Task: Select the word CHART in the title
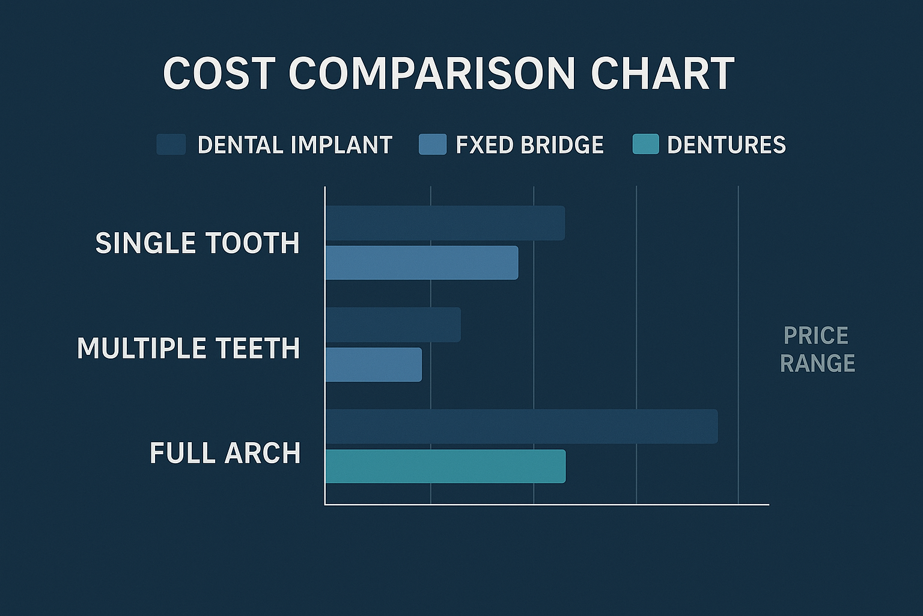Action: tap(662, 74)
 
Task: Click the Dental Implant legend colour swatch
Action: tap(171, 145)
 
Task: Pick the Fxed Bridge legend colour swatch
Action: tap(433, 145)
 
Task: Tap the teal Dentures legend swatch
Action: tap(645, 145)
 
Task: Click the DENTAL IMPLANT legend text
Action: tap(294, 145)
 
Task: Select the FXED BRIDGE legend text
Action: tap(529, 145)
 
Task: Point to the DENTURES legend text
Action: tap(726, 145)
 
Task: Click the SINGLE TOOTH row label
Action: tap(197, 243)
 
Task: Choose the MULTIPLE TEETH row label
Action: tap(188, 348)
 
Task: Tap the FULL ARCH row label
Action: tap(225, 453)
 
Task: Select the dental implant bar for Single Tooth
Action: tap(445, 223)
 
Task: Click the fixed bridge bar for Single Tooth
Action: tap(421, 262)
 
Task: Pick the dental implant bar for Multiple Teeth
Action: tap(393, 325)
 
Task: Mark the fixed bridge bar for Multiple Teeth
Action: tap(373, 365)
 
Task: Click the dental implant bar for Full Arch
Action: tap(521, 427)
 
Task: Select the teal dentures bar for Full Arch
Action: tap(445, 466)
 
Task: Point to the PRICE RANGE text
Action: tap(817, 349)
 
